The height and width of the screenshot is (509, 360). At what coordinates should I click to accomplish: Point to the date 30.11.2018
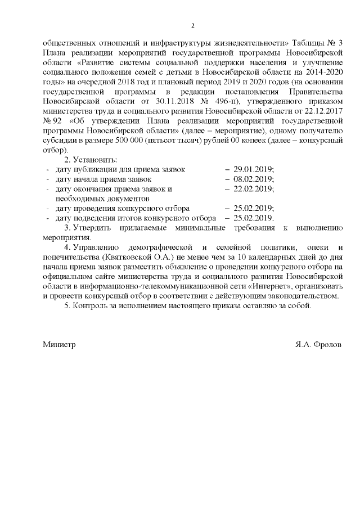click(166, 101)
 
